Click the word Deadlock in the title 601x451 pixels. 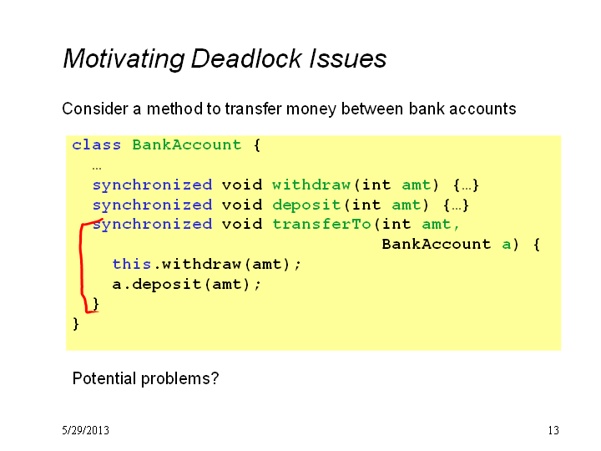[x=246, y=58]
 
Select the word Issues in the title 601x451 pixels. [x=347, y=58]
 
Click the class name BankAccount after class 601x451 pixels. [x=187, y=145]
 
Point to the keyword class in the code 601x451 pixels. [x=96, y=145]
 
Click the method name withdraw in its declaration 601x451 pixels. [x=311, y=185]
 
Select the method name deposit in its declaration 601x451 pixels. [x=306, y=205]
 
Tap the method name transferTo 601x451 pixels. [x=321, y=224]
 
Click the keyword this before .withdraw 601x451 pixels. [x=132, y=264]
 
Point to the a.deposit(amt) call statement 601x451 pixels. [x=187, y=285]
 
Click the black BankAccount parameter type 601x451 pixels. [x=437, y=244]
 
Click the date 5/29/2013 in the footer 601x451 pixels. [x=85, y=430]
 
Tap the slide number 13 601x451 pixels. [x=553, y=430]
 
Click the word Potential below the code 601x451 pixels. [x=104, y=378]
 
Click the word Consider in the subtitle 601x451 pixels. [x=95, y=109]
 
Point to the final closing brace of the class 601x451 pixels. [x=75, y=324]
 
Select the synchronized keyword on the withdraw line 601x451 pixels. [x=152, y=185]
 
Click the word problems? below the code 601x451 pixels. [x=180, y=379]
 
